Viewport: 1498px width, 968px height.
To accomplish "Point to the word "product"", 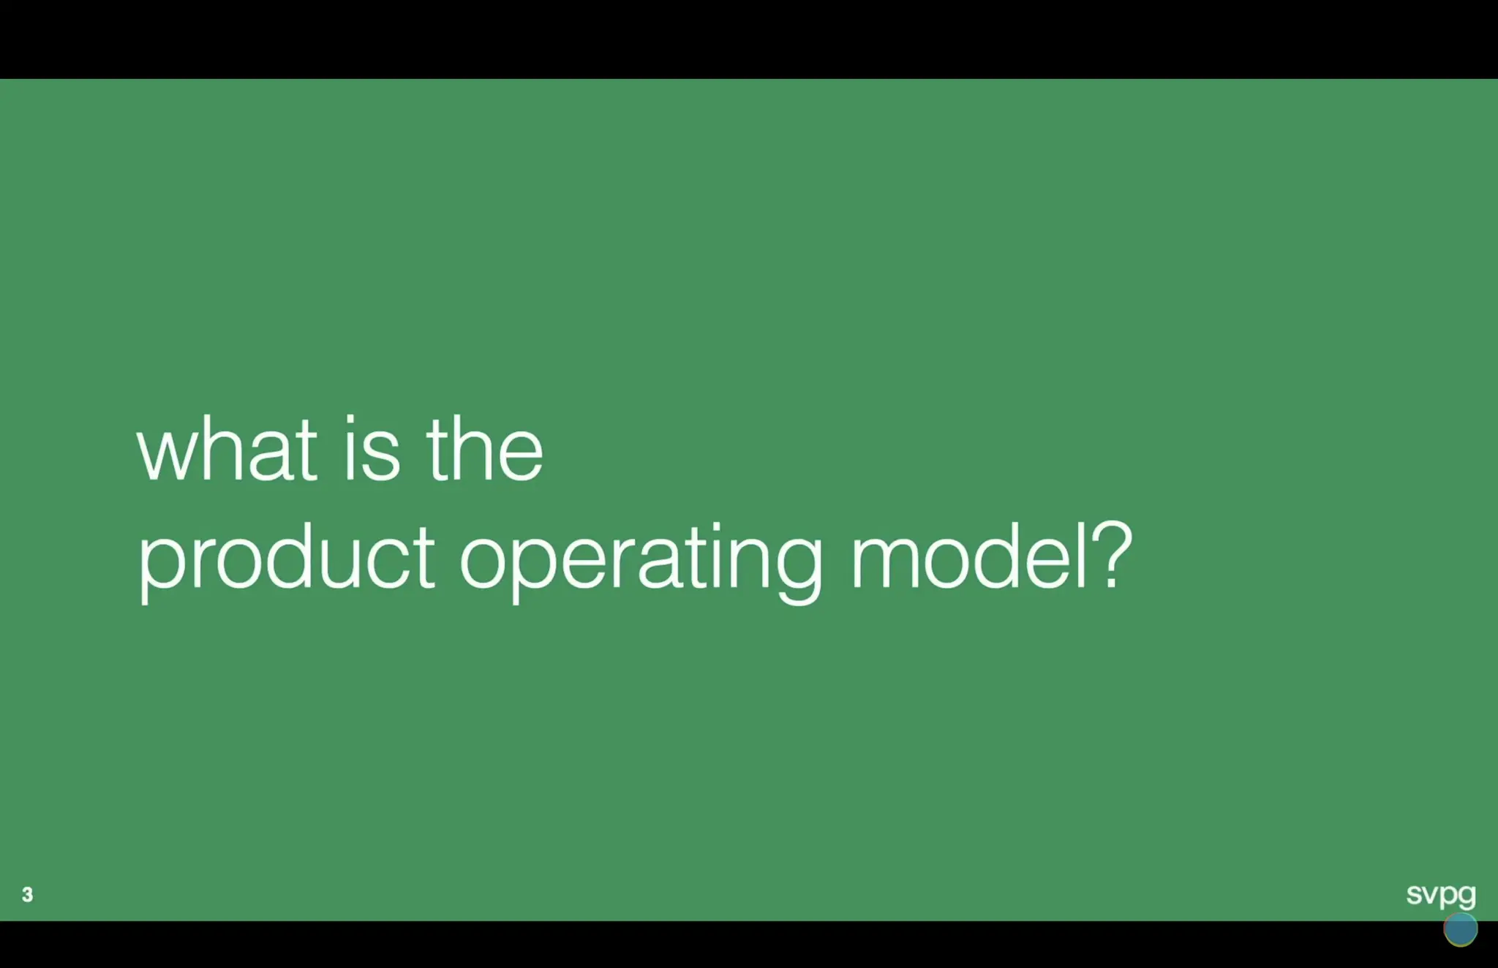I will pyautogui.click(x=286, y=559).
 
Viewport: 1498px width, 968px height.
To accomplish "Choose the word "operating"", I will pyautogui.click(x=641, y=559).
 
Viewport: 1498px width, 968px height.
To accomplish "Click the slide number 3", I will pyautogui.click(x=27, y=894).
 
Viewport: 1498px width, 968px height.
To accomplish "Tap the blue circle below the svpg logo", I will pyautogui.click(x=1460, y=929).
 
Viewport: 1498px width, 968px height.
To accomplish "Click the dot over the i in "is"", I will pyautogui.click(x=350, y=418).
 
